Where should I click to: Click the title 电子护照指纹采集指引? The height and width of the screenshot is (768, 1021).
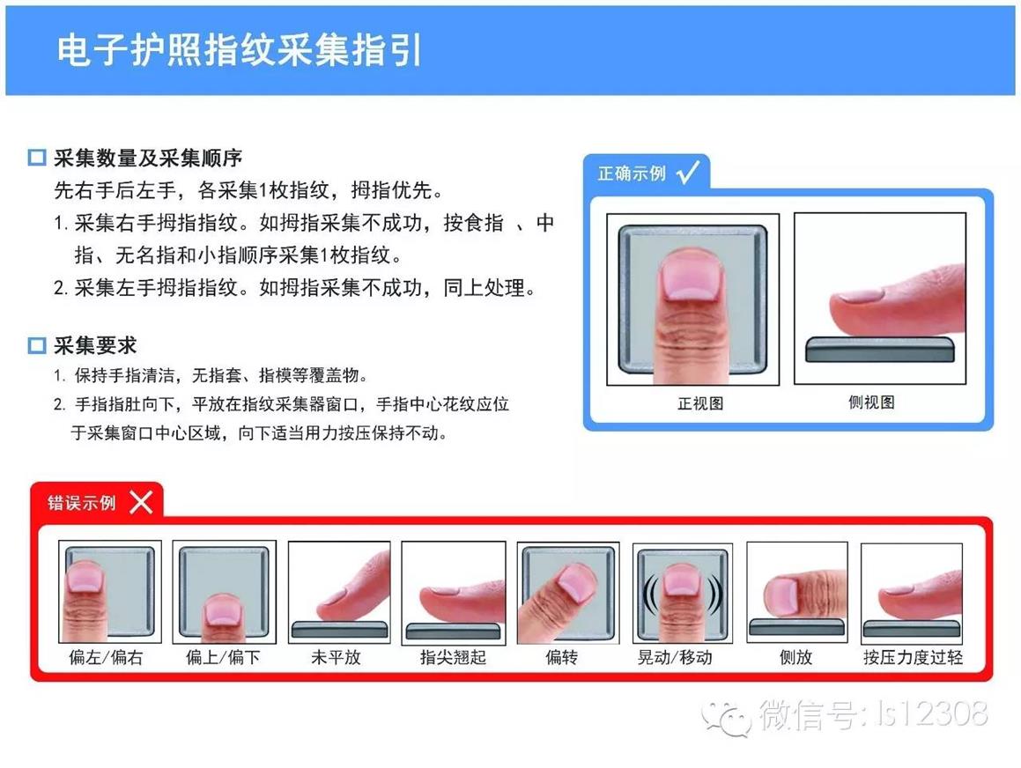239,50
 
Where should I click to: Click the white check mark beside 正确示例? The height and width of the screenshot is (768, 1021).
688,172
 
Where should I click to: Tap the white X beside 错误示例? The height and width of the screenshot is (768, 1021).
141,502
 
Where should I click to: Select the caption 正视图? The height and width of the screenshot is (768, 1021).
700,403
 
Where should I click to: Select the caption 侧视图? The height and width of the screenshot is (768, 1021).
871,402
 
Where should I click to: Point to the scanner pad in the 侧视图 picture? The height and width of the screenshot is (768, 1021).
880,350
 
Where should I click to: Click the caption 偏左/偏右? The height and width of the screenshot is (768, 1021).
106,657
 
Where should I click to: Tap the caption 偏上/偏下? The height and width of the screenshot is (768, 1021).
223,657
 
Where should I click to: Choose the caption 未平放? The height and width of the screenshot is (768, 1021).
336,657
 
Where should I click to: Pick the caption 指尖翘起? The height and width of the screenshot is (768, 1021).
453,657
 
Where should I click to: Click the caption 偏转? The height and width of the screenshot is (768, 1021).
561,657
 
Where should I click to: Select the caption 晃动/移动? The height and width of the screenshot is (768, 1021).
675,657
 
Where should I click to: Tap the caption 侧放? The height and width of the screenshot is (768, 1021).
795,657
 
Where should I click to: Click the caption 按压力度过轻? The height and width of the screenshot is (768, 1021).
913,657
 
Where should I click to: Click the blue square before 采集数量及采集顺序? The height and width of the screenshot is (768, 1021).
36,157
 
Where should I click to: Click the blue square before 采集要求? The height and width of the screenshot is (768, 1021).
36,345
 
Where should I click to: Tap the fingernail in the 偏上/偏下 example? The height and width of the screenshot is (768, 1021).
221,612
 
